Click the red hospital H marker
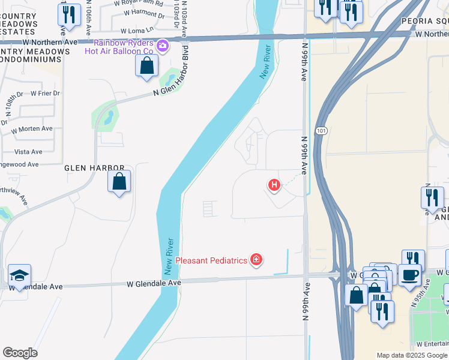274,185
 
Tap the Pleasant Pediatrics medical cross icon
257,260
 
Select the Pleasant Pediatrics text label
212,261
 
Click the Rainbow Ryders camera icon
162,46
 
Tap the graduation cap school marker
20,275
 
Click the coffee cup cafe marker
411,275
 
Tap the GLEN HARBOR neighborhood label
95,169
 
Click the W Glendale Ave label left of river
154,283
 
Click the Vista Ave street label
28,152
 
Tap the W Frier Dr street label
44,93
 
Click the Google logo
20,353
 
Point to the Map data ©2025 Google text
411,355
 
